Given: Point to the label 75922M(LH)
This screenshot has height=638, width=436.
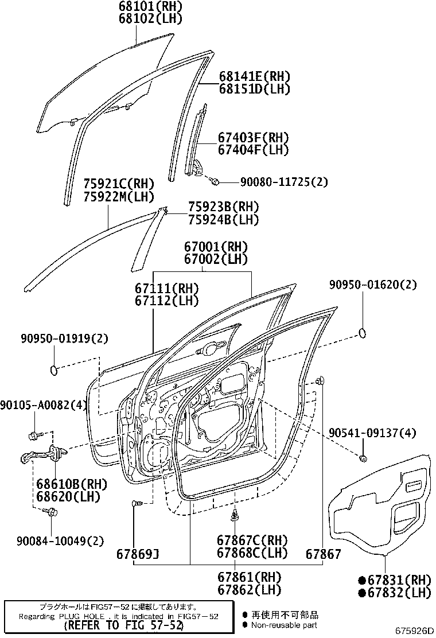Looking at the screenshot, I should (x=119, y=196).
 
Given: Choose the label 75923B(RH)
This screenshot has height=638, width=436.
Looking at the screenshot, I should (x=224, y=207).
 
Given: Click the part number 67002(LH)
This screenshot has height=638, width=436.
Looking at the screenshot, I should (x=216, y=259).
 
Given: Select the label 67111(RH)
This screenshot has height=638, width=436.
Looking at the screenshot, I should (x=167, y=288).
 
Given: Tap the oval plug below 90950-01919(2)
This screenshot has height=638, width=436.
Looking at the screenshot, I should (x=54, y=369).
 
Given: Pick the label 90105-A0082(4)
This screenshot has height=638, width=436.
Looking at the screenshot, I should (x=43, y=406).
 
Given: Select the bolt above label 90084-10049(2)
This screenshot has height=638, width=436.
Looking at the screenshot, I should (x=52, y=512).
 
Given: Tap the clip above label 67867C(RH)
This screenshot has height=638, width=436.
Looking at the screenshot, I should (x=236, y=515).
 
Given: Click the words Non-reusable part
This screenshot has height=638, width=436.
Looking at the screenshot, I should (x=284, y=625).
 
